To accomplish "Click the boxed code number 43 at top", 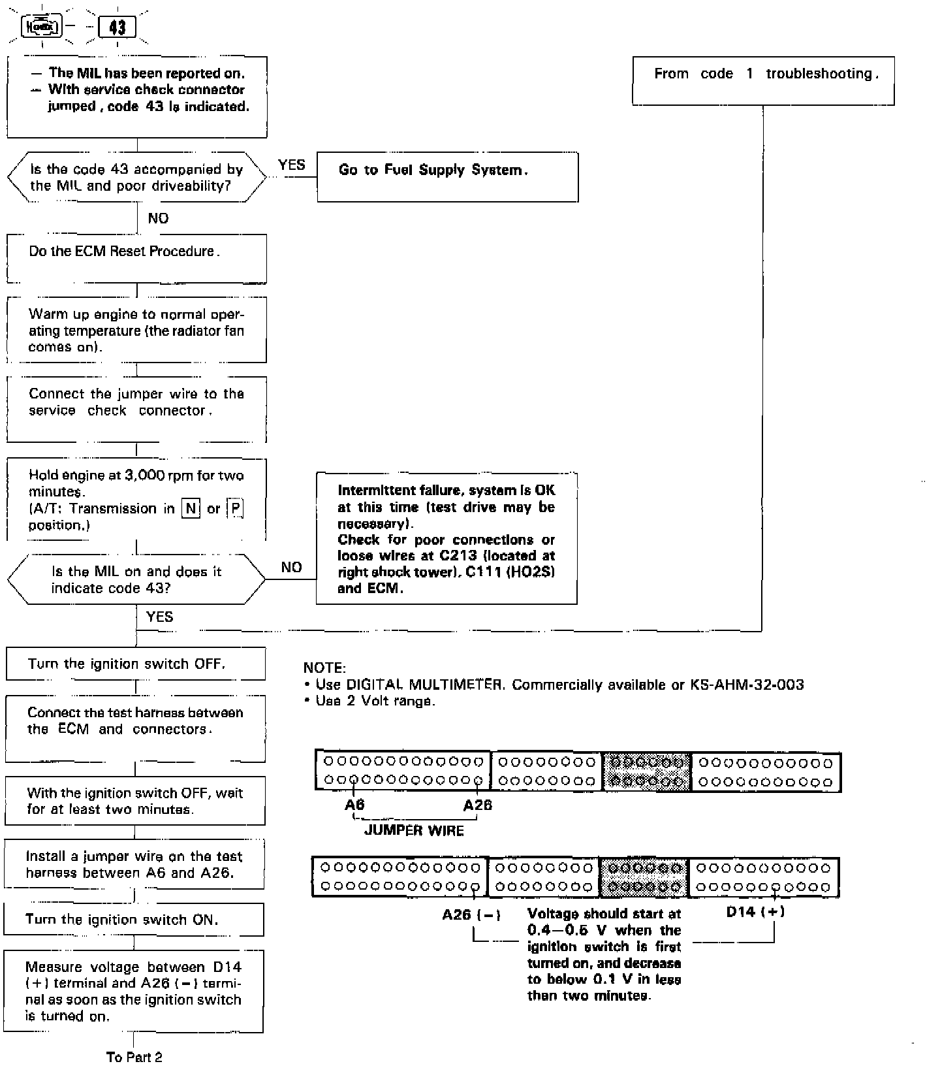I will pyautogui.click(x=117, y=27).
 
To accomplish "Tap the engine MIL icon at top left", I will pyautogui.click(x=42, y=27).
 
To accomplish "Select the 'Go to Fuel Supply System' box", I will pyautogui.click(x=447, y=177).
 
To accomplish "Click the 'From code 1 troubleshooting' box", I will pyautogui.click(x=763, y=80).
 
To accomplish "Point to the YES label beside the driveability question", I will pyautogui.click(x=291, y=165).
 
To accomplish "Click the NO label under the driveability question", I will pyautogui.click(x=158, y=218).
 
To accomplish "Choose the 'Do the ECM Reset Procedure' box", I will pyautogui.click(x=136, y=259).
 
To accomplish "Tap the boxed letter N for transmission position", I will pyautogui.click(x=191, y=508).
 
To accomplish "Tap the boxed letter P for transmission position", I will pyautogui.click(x=235, y=508).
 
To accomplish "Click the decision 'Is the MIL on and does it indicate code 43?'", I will pyautogui.click(x=136, y=579).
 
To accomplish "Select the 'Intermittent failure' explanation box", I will pyautogui.click(x=446, y=538).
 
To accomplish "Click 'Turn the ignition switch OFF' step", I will pyautogui.click(x=136, y=664).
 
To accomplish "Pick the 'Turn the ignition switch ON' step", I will pyautogui.click(x=134, y=919).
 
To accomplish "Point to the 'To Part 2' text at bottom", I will pyautogui.click(x=134, y=1057).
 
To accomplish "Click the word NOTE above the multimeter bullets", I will pyautogui.click(x=324, y=668).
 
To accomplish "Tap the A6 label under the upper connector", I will pyautogui.click(x=354, y=805).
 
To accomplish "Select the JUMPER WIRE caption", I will pyautogui.click(x=414, y=831).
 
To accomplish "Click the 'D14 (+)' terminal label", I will pyautogui.click(x=755, y=911).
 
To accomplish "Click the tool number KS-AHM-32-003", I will pyautogui.click(x=747, y=685).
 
